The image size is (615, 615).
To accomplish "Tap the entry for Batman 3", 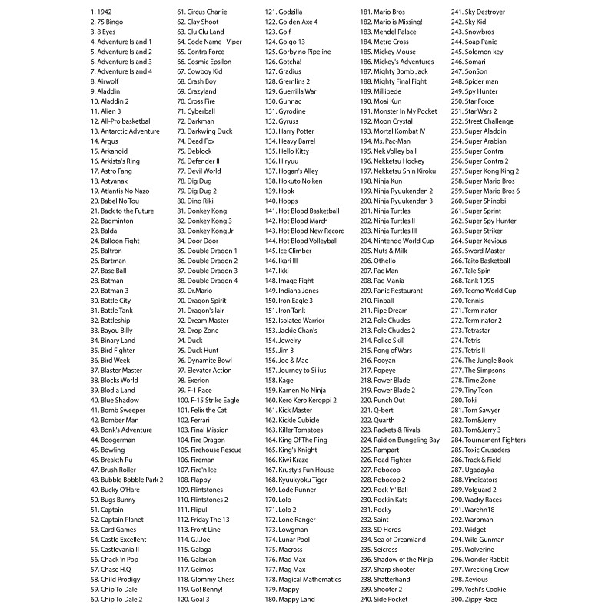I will pyautogui.click(x=108, y=291).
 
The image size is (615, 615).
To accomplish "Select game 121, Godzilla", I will pyautogui.click(x=284, y=12).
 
